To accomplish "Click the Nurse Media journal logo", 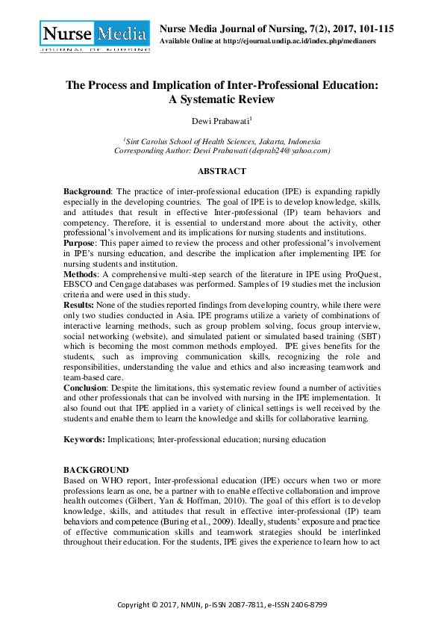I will coord(94,35).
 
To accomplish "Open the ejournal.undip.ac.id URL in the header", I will coord(293,41).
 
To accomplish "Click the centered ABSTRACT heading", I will coord(222,171).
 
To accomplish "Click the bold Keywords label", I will coord(84,440).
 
